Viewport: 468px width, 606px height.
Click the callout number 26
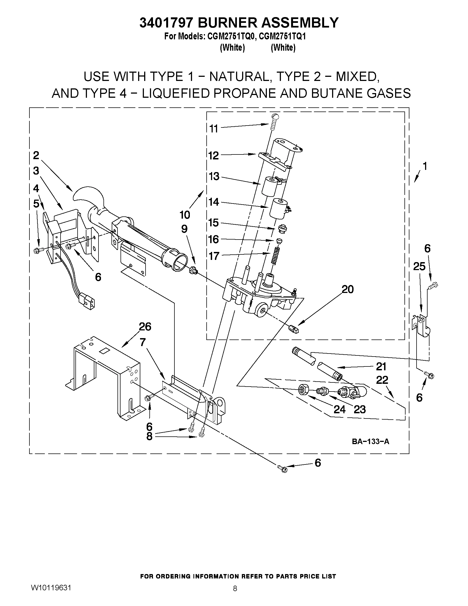point(145,327)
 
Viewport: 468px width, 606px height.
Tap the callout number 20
point(348,289)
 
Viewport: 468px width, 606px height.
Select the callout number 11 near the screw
point(214,129)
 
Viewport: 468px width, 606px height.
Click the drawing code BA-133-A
point(370,441)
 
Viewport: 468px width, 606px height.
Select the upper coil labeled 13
point(268,186)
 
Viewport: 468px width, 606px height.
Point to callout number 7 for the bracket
point(143,343)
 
